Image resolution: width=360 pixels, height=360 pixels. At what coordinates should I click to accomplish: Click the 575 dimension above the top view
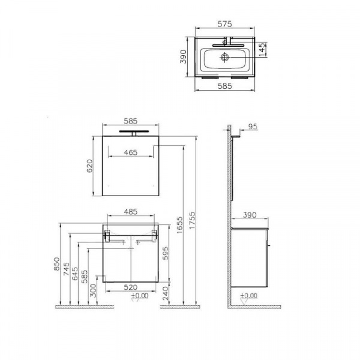coord(225,24)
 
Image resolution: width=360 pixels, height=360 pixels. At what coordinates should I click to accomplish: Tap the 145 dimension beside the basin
coord(262,49)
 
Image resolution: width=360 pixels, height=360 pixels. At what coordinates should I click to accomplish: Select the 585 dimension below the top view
coord(225,86)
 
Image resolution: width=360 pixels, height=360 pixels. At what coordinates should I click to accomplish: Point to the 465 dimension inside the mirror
coord(131,152)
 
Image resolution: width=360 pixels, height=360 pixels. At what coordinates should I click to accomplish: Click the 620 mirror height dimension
coord(89,166)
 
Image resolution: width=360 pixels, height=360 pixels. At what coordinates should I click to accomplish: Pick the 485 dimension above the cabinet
coord(131,212)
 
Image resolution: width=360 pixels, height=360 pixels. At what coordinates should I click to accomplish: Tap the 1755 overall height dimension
coord(192,220)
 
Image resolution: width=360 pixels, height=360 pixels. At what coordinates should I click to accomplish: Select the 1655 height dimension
coord(180,225)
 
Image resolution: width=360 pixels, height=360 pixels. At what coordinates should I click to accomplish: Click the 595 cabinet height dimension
coord(166,253)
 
